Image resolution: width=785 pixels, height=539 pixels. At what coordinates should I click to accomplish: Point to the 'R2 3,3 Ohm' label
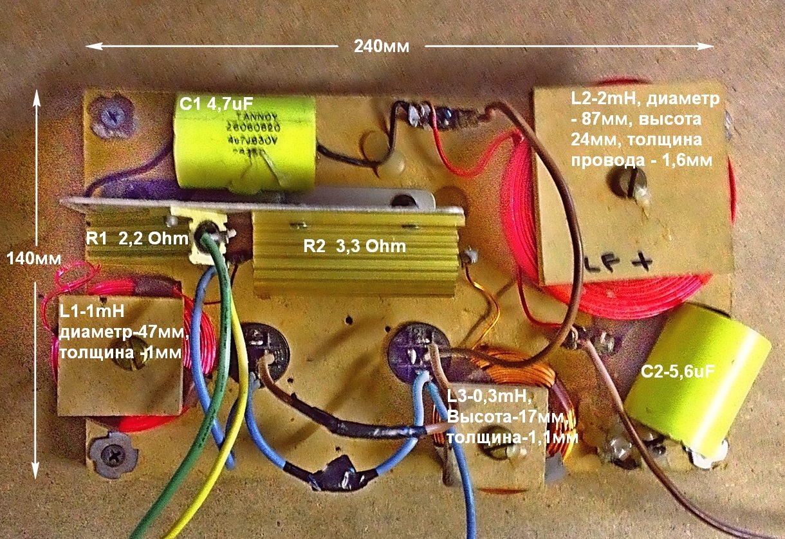click(355, 246)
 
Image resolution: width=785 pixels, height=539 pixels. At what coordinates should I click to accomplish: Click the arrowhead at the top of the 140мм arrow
click(37, 96)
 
